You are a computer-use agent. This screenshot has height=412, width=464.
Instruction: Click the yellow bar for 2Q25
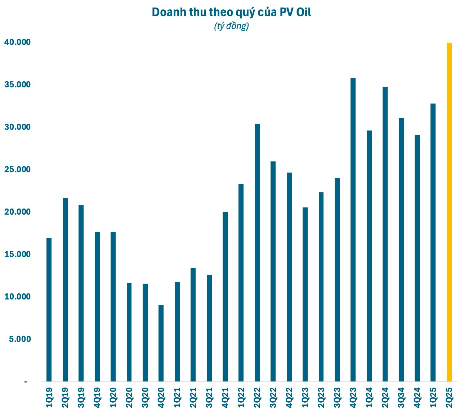pos(449,212)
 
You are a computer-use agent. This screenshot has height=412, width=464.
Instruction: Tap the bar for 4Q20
pos(161,343)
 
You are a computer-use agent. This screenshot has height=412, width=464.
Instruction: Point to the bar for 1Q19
pos(49,310)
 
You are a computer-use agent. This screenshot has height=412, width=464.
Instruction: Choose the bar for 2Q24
pos(385,234)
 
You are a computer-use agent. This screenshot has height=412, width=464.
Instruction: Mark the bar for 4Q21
pos(225,296)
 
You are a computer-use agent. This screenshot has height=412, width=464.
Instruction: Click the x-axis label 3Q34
pos(401,398)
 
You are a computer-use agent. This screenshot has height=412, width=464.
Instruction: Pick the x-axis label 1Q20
pos(113,398)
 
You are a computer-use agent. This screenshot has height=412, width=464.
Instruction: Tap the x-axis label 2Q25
pos(449,398)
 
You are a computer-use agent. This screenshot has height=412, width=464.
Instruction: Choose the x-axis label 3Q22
pos(273,398)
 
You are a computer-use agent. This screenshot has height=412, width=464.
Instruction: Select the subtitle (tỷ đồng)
pos(231,26)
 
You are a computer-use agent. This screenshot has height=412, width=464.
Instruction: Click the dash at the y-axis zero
pos(26,382)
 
